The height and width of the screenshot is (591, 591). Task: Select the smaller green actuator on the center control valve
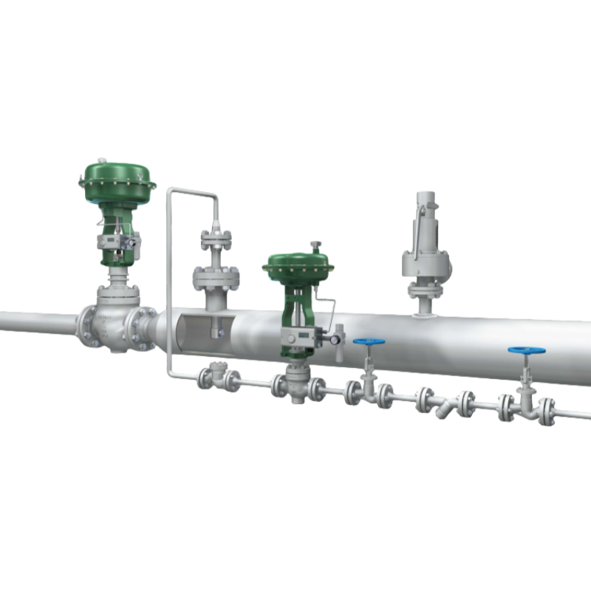pos(295,267)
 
